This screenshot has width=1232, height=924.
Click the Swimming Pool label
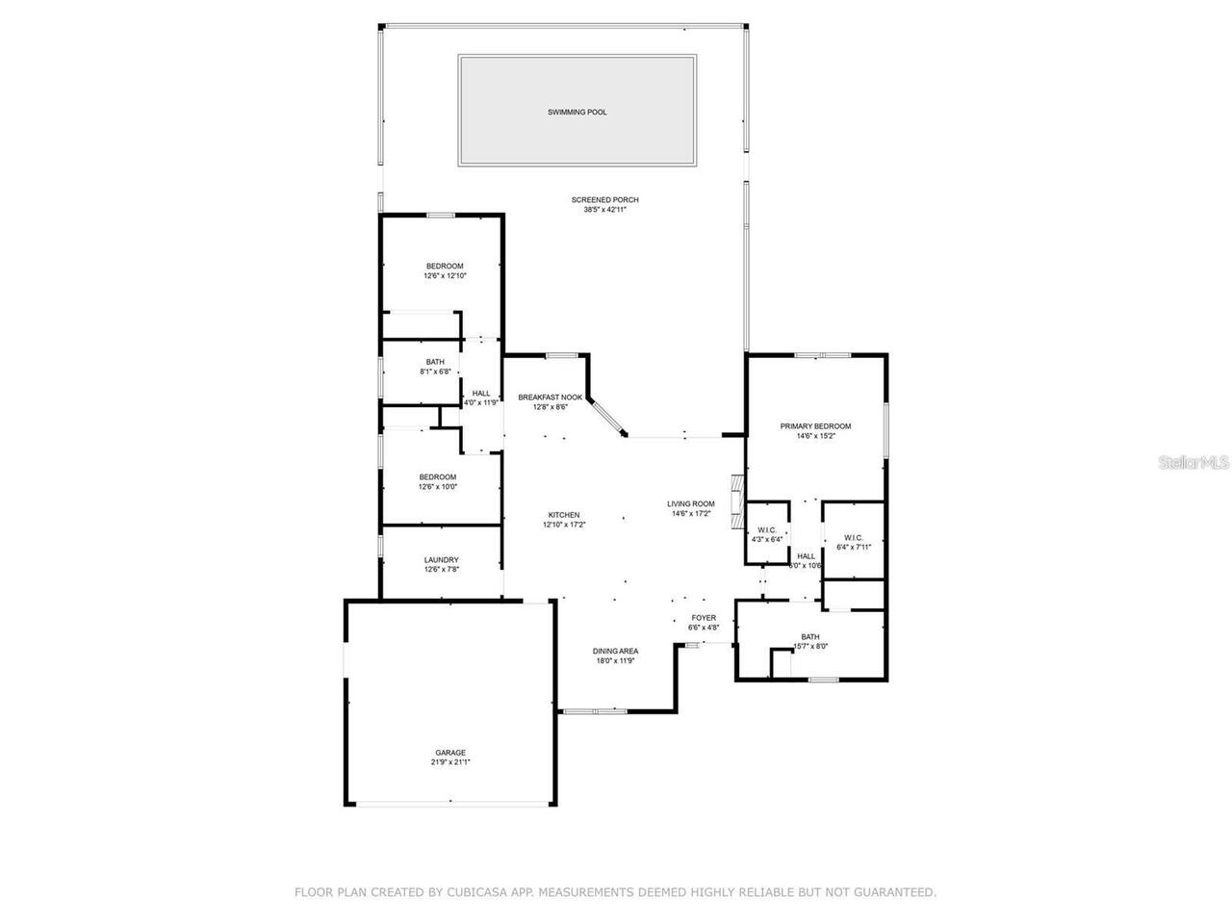tap(577, 113)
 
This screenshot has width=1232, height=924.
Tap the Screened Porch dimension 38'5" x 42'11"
tap(604, 210)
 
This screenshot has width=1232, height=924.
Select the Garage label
tap(449, 753)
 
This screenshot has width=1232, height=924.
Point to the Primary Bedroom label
tap(815, 426)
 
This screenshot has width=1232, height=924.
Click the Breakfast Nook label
tap(550, 398)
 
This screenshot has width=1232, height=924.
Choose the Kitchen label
tap(564, 515)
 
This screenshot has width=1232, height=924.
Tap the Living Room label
tap(691, 504)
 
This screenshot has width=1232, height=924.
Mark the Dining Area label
tap(615, 652)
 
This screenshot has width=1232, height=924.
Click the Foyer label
tap(704, 619)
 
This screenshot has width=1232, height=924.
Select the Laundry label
tap(441, 560)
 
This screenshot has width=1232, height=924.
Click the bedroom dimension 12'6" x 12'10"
tap(445, 276)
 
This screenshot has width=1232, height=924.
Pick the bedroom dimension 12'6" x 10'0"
tap(437, 487)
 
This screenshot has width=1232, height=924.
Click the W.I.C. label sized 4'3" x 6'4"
tap(767, 530)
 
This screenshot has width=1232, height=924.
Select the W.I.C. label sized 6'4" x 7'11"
tap(853, 538)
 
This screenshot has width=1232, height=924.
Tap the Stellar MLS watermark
tap(1193, 463)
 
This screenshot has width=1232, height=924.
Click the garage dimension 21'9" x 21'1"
tap(449, 762)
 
